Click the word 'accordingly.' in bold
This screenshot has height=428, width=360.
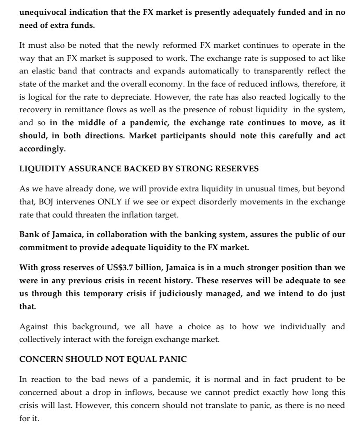pos(42,149)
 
